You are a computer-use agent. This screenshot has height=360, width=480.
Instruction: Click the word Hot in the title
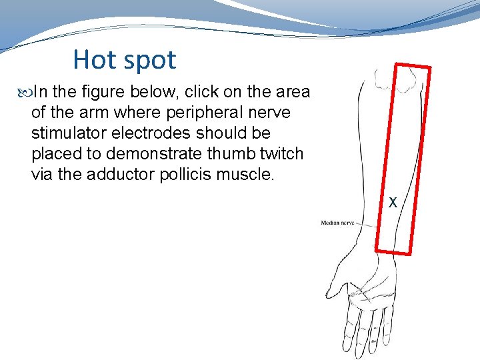(x=94, y=59)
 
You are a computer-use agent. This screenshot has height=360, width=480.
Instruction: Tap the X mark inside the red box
(x=393, y=201)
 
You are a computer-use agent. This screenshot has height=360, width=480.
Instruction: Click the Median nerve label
(x=337, y=223)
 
